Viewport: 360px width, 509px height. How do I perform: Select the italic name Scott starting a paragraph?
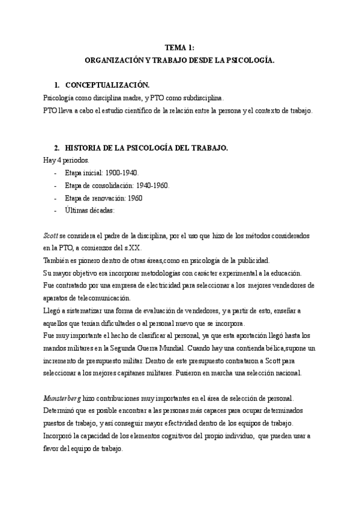[x=51, y=236]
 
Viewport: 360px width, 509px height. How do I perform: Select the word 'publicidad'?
[x=253, y=261]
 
